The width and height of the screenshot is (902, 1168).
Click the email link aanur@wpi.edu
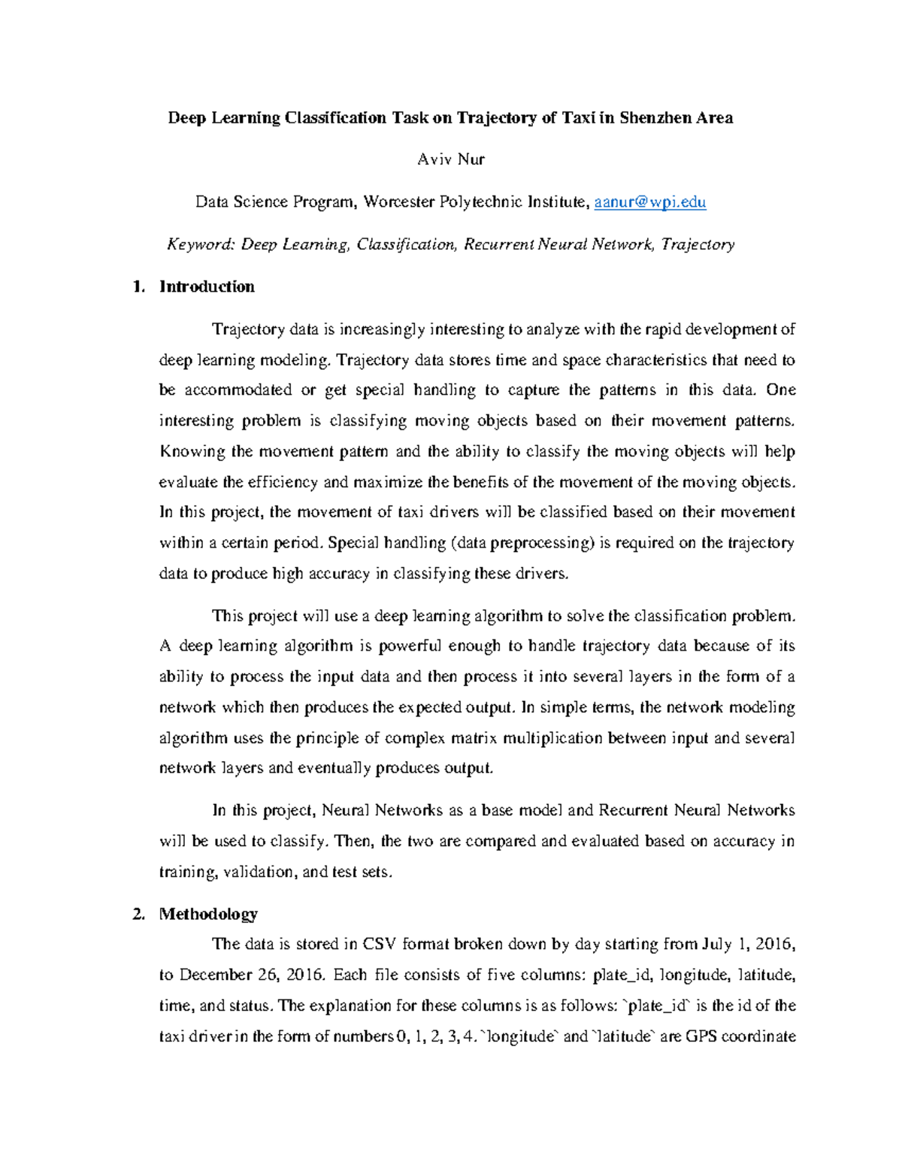pyautogui.click(x=649, y=202)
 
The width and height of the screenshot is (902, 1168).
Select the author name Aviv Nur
pyautogui.click(x=451, y=159)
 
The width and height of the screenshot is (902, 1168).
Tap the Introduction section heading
pyautogui.click(x=207, y=287)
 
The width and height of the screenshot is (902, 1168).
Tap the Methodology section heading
pyautogui.click(x=208, y=914)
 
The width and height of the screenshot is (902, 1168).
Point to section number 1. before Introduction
pyautogui.click(x=138, y=287)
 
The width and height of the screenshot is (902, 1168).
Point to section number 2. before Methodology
pyautogui.click(x=138, y=914)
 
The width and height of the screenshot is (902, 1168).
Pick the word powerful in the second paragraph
pyautogui.click(x=409, y=646)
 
